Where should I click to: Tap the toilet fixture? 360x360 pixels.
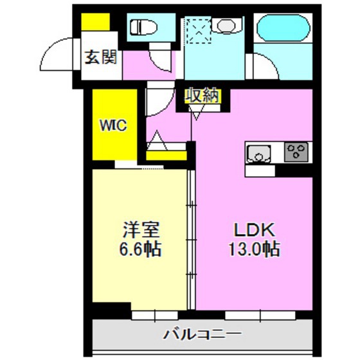tap(144, 28)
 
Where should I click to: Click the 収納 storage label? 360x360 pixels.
tap(203, 96)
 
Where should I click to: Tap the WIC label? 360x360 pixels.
tap(114, 125)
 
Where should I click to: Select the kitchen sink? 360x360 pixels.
tap(259, 154)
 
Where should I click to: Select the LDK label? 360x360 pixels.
tap(253, 230)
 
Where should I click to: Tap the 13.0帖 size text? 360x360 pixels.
tap(253, 249)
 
